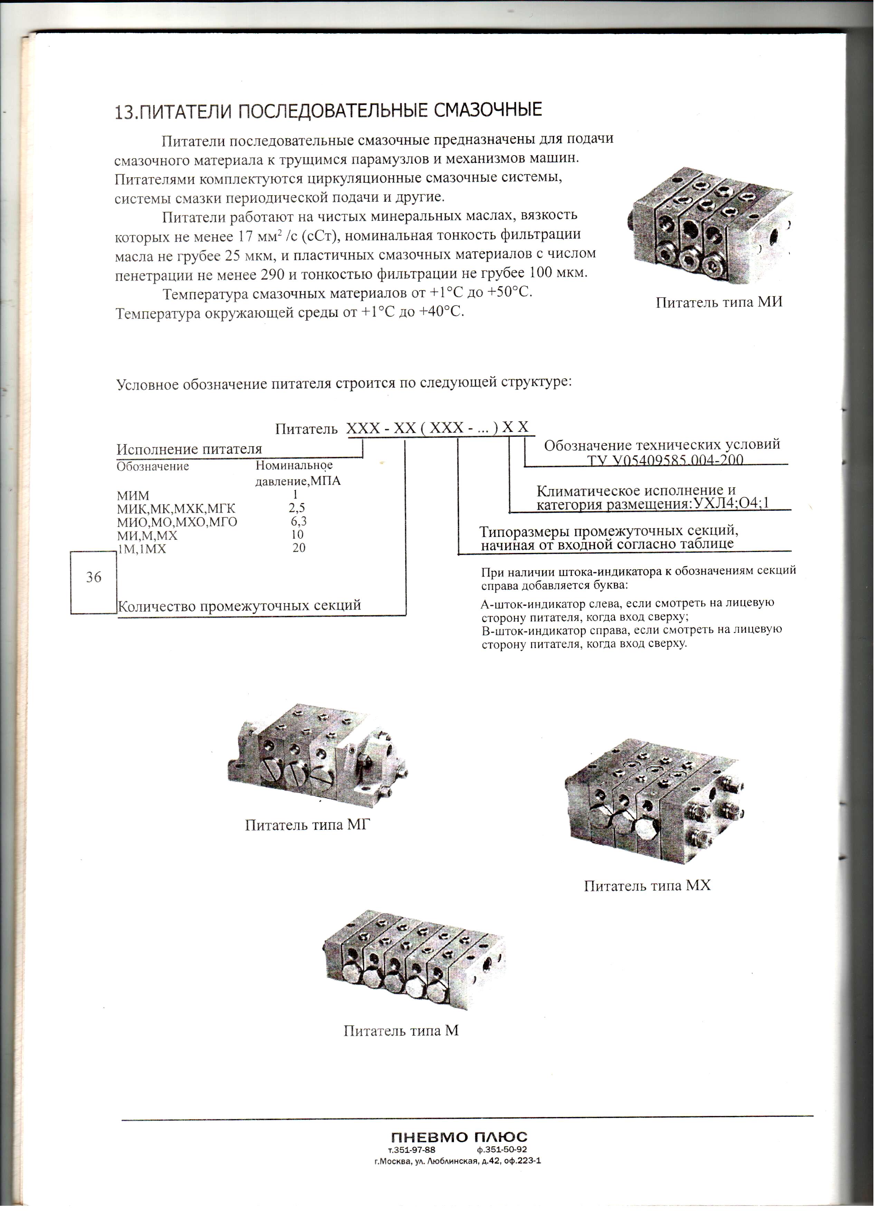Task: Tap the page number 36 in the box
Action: click(94, 577)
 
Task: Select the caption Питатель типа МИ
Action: click(719, 302)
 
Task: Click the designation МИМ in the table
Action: click(133, 495)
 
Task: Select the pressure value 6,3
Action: click(299, 521)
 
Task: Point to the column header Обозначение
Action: click(153, 467)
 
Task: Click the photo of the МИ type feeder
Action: click(711, 224)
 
